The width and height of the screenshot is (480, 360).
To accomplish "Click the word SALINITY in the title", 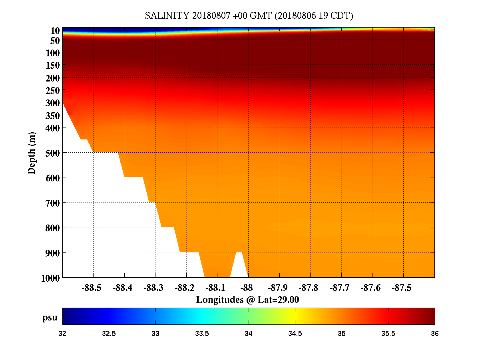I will (x=167, y=16).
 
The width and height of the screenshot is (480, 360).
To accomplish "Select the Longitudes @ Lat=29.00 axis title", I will (x=247, y=300).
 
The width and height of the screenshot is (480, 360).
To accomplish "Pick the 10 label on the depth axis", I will (x=55, y=31).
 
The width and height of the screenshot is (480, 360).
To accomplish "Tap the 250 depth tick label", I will (x=52, y=90).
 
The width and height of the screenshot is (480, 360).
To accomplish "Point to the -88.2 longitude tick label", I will (x=185, y=288).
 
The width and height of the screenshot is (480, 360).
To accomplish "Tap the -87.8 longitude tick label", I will (x=310, y=288).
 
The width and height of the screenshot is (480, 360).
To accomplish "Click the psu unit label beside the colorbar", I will (x=50, y=318).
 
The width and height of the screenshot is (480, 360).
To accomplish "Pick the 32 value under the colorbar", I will (x=63, y=334).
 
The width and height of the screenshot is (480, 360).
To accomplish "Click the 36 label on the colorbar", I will (x=434, y=334).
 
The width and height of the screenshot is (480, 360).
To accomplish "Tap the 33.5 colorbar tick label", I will (x=202, y=334).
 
